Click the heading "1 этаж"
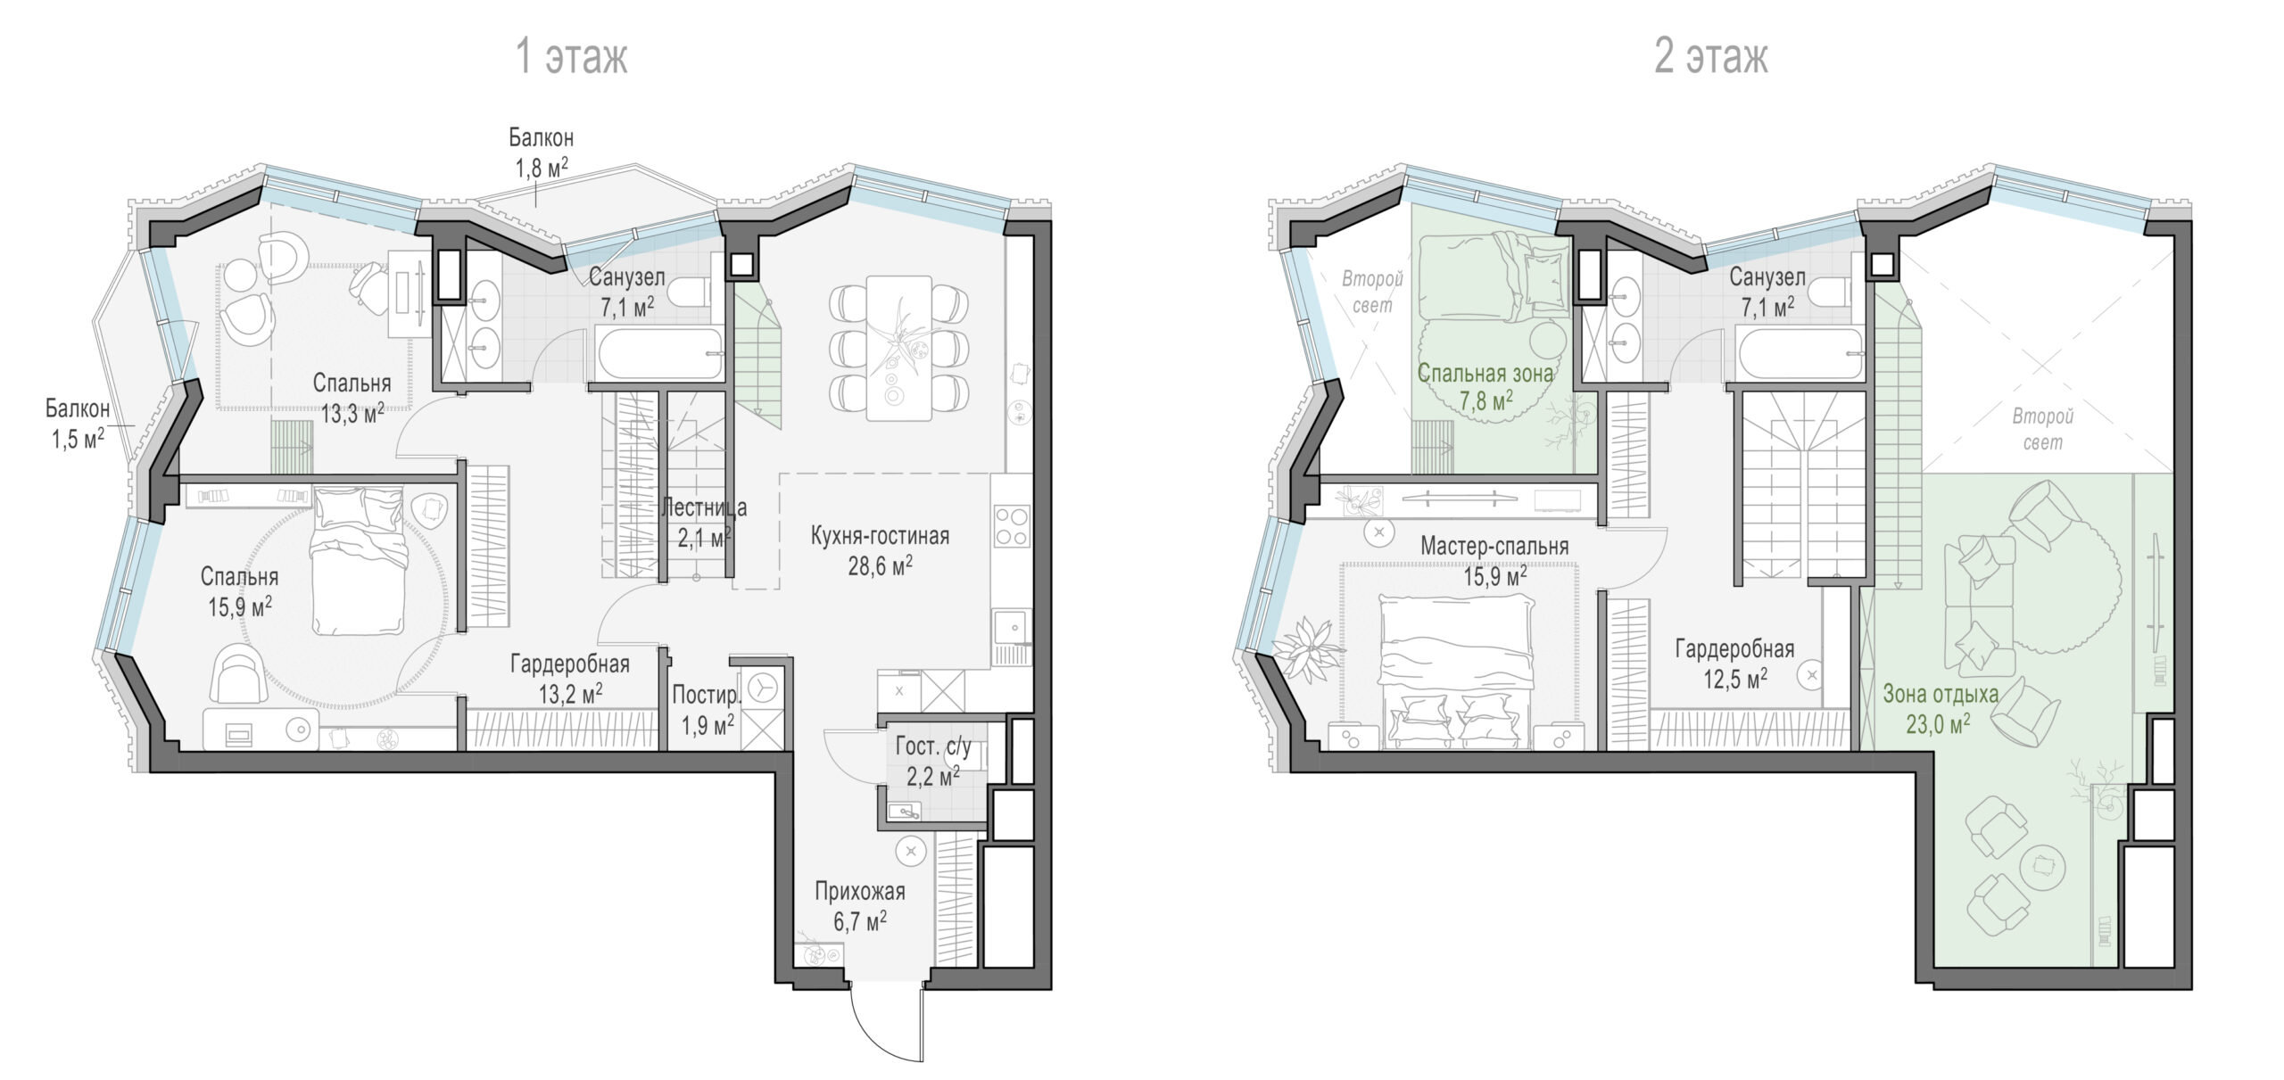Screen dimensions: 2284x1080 pyautogui.click(x=572, y=56)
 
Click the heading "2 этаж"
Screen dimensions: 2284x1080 pyautogui.click(x=1710, y=56)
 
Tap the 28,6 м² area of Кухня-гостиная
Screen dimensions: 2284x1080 pyautogui.click(x=880, y=565)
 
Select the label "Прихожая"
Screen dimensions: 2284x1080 pyautogui.click(x=859, y=891)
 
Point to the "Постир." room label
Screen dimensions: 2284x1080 pyautogui.click(x=707, y=694)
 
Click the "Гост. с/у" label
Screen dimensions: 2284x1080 pyautogui.click(x=933, y=746)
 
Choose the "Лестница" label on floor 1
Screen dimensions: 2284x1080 pyautogui.click(x=704, y=507)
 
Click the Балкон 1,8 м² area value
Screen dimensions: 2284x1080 pyautogui.click(x=542, y=168)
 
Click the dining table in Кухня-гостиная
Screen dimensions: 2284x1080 pyautogui.click(x=899, y=348)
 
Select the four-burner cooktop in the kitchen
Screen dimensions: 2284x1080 pyautogui.click(x=1012, y=525)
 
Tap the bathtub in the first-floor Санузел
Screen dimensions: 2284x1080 pyautogui.click(x=660, y=354)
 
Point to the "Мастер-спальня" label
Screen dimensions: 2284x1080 pyautogui.click(x=1494, y=546)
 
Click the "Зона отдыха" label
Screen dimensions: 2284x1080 pyautogui.click(x=1941, y=694)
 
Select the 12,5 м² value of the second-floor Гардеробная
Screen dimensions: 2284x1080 pyautogui.click(x=1735, y=680)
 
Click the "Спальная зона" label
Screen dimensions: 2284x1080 pyautogui.click(x=1485, y=373)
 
